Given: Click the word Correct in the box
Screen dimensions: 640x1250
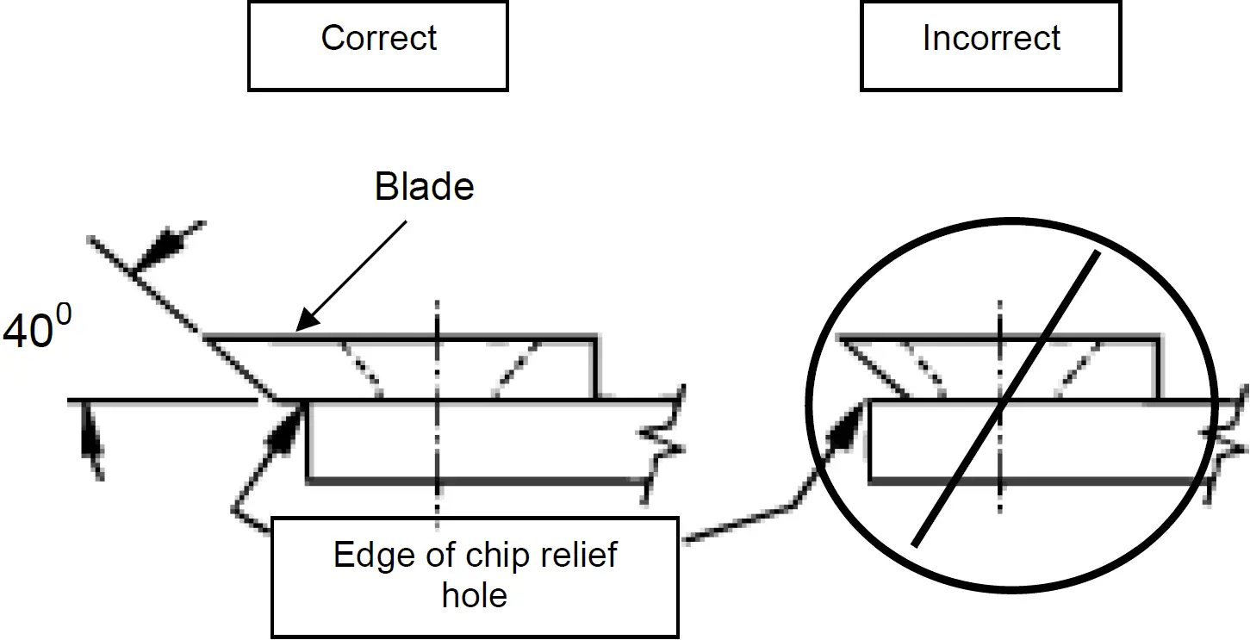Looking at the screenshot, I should point(379,39).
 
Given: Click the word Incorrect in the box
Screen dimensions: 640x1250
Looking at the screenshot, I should point(991,39).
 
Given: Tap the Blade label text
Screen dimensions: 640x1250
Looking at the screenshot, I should point(424,188).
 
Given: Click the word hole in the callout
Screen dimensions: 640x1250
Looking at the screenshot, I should point(474,594).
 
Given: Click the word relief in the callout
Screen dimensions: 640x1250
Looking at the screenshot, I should point(575,556).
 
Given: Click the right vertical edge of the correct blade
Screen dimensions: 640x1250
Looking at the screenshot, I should point(598,368).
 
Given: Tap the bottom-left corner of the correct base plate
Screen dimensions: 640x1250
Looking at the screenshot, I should point(308,479).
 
